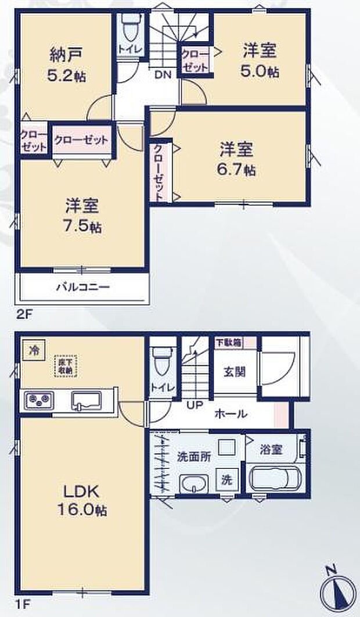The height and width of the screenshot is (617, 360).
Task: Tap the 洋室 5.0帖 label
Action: pyautogui.click(x=259, y=60)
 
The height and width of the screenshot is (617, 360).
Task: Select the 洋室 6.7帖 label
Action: pyautogui.click(x=236, y=159)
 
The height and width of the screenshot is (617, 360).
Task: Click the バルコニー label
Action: pyautogui.click(x=83, y=287)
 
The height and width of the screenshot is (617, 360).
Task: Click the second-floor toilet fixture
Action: pyautogui.click(x=131, y=25)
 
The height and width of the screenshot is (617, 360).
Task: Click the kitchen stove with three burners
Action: pyautogui.click(x=38, y=401)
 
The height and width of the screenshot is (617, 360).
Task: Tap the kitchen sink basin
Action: pyautogui.click(x=86, y=401)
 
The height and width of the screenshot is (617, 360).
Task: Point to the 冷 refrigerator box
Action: pyautogui.click(x=32, y=351)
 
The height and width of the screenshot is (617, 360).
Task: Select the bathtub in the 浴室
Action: pyautogui.click(x=275, y=480)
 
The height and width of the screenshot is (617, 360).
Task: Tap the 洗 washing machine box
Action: pyautogui.click(x=228, y=480)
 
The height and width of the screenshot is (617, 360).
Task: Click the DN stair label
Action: pyautogui.click(x=162, y=74)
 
